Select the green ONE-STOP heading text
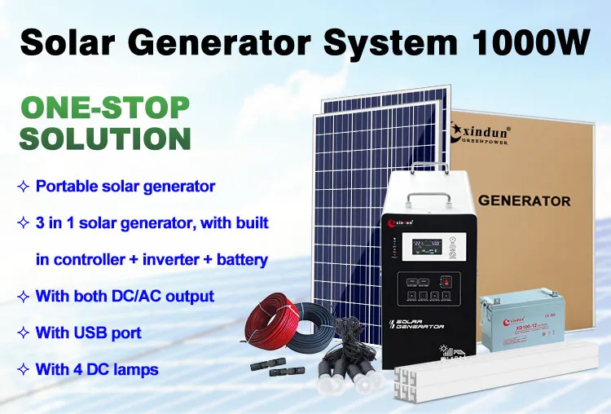pos(104,108)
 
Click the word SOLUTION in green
pos(105,138)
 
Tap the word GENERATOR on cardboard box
pos(524,200)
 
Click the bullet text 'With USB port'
pos(89,333)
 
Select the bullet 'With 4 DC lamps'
pos(97,369)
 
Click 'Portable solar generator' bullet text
pos(125,186)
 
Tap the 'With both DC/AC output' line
pos(125,296)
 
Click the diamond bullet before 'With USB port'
pos(23,333)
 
